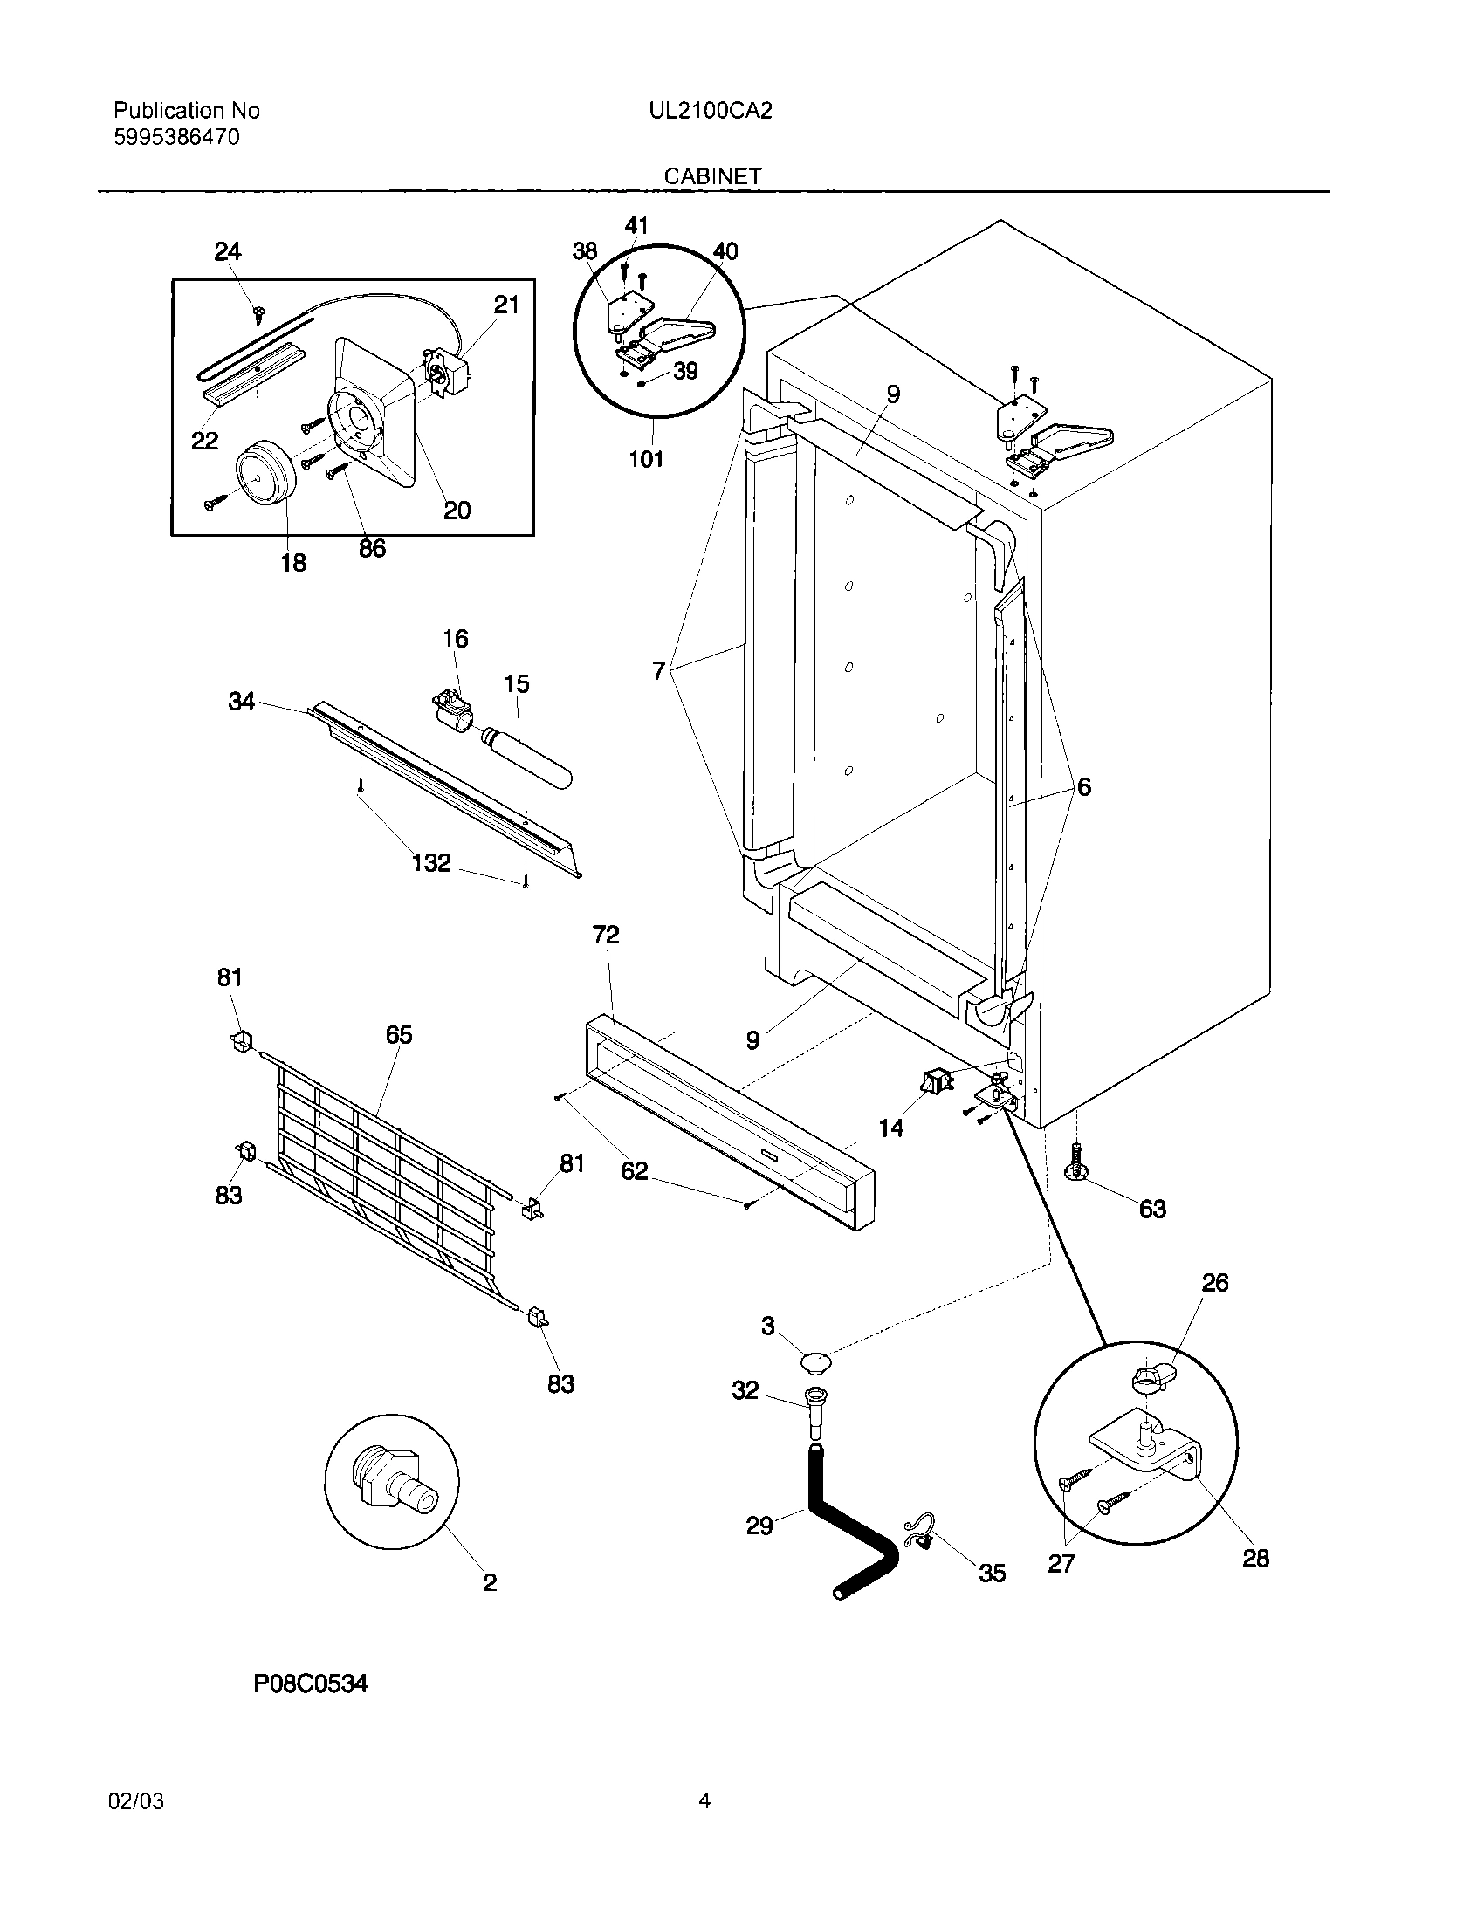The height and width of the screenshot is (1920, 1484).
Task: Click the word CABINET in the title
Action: tap(712, 175)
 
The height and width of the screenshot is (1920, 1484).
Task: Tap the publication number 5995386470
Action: tap(176, 137)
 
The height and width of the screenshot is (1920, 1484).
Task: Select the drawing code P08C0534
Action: tap(310, 1683)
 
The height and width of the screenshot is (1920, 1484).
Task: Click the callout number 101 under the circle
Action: tap(646, 458)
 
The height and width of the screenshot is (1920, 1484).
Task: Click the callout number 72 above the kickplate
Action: tap(606, 934)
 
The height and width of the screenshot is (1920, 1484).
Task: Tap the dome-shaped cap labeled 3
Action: tap(817, 1362)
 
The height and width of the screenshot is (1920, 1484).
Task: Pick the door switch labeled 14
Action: tap(936, 1081)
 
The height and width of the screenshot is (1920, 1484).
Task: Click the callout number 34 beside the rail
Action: tap(242, 701)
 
